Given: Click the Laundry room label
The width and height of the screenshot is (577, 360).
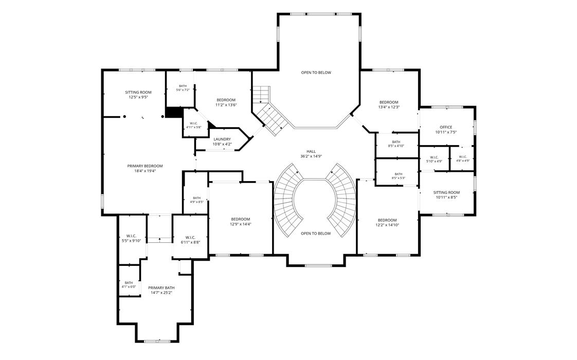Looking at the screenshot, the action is (x=222, y=139).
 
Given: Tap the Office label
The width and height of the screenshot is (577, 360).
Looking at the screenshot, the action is (x=446, y=128).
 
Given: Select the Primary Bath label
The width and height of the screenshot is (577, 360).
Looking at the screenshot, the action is (x=161, y=288).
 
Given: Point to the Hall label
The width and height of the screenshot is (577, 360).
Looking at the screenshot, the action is (x=311, y=151).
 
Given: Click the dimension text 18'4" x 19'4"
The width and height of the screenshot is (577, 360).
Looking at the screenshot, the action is (x=145, y=171).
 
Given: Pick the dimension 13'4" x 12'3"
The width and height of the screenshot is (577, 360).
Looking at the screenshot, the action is (x=389, y=107).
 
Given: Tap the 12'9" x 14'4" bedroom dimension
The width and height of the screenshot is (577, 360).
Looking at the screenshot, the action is (x=241, y=224).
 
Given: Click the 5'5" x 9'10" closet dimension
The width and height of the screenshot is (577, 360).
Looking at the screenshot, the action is (x=131, y=241).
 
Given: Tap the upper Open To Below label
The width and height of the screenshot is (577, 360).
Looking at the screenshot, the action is (x=316, y=73).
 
